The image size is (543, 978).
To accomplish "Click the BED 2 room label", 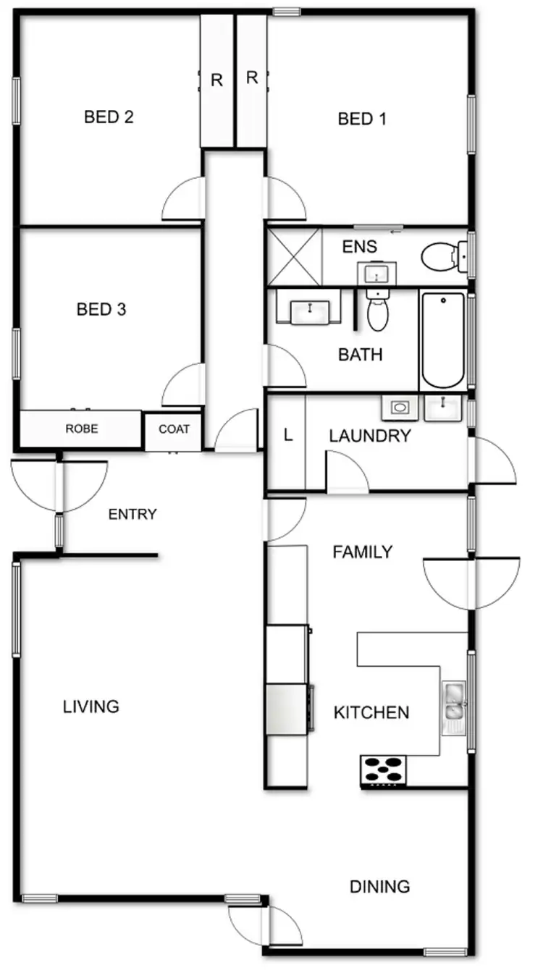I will pyautogui.click(x=109, y=117).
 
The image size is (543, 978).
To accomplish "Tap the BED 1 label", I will pyautogui.click(x=362, y=119).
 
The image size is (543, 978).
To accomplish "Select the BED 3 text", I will pyautogui.click(x=101, y=309).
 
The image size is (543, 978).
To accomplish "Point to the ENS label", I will pyautogui.click(x=360, y=247).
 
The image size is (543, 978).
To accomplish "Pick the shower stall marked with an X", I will pyautogui.click(x=294, y=256).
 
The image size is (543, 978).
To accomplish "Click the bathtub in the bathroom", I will pyautogui.click(x=442, y=340).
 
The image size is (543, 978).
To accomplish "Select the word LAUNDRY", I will pyautogui.click(x=369, y=436).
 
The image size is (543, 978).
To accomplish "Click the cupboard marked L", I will pyautogui.click(x=287, y=436).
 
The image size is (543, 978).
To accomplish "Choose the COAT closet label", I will pyautogui.click(x=174, y=429).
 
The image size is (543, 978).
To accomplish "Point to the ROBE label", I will pyautogui.click(x=81, y=429).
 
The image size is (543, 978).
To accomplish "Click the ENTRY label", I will pyautogui.click(x=132, y=515).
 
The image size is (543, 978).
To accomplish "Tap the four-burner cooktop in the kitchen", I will pyautogui.click(x=383, y=770).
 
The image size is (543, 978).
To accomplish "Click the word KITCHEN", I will pyautogui.click(x=371, y=712).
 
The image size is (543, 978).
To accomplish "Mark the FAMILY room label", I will pyautogui.click(x=362, y=552).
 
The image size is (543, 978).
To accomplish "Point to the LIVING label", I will pyautogui.click(x=90, y=707).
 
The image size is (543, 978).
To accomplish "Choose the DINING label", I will pyautogui.click(x=379, y=886).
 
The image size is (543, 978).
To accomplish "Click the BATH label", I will pyautogui.click(x=361, y=355).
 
